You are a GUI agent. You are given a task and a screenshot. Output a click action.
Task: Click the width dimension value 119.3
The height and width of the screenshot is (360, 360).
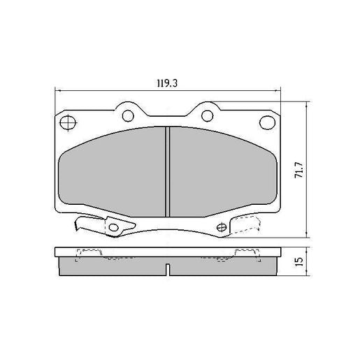click(166, 83)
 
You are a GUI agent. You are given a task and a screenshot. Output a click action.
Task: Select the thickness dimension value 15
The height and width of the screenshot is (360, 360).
click(298, 261)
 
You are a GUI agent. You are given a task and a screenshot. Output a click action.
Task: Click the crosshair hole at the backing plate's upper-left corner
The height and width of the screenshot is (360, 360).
click(69, 124)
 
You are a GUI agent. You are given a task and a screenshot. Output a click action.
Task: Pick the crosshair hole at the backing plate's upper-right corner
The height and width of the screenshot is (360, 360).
click(267, 123)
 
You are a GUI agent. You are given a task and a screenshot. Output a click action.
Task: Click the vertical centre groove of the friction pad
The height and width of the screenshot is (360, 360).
click(168, 171)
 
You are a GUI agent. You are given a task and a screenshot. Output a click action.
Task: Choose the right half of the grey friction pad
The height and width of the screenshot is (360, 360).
click(222, 171)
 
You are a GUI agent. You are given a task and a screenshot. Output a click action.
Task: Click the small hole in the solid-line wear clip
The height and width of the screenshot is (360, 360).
click(113, 226)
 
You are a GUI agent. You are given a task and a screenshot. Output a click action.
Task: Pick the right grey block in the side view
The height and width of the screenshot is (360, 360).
click(222, 264)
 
